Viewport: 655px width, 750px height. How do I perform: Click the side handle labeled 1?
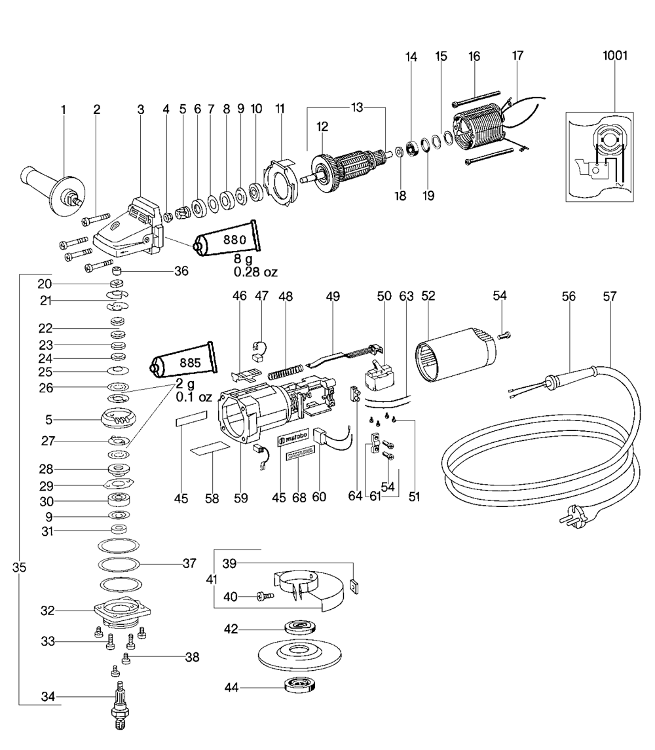pos(49,187)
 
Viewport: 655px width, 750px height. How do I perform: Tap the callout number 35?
pos(19,569)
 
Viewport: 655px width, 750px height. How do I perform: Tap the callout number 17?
pos(517,56)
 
